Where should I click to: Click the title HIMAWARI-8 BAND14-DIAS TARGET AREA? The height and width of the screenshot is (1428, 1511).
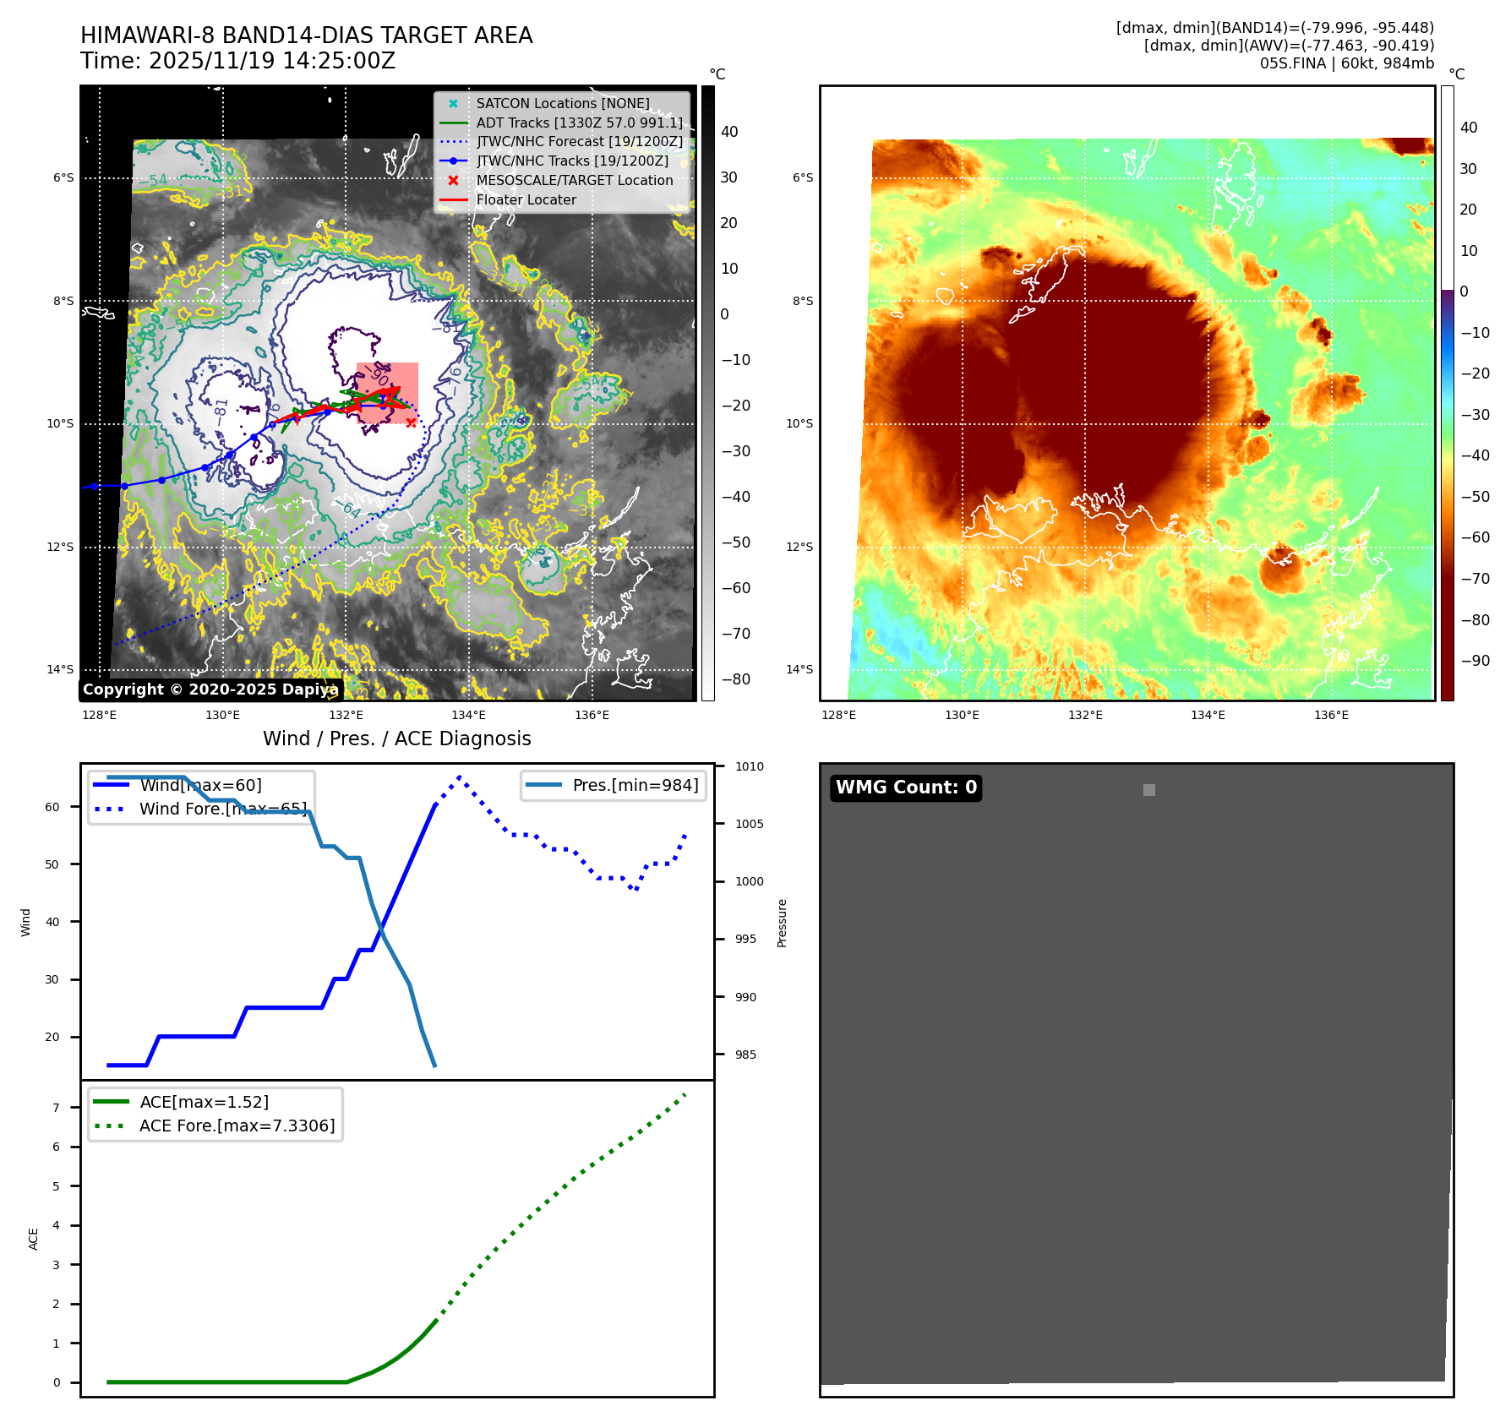pos(306,35)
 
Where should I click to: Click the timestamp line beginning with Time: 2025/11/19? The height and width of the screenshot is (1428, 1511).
pos(237,61)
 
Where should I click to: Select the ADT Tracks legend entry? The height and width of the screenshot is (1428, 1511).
pos(579,123)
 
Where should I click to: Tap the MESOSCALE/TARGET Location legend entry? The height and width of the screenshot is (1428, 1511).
pos(574,180)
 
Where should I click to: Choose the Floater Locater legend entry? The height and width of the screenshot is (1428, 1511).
pos(526,199)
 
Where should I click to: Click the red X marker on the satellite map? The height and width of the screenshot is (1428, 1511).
pos(411,422)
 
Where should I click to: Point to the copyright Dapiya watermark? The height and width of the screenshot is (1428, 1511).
pos(210,689)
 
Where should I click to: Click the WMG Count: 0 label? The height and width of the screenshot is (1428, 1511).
pos(906,788)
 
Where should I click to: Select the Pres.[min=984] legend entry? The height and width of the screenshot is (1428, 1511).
pos(635,785)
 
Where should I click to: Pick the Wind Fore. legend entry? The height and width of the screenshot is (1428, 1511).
pos(222,809)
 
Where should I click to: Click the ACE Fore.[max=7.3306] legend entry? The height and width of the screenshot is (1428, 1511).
pos(237,1126)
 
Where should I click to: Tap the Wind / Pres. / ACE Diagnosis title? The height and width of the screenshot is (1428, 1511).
pos(397,739)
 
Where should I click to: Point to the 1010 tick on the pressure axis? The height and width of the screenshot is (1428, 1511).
pos(749,766)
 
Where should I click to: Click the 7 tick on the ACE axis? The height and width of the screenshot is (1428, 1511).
pos(57,1108)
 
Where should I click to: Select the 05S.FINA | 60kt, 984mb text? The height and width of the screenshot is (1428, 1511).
pos(1346,63)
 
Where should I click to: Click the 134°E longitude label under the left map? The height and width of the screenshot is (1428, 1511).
pos(469,715)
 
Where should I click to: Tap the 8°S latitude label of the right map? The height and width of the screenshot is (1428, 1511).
pos(802,301)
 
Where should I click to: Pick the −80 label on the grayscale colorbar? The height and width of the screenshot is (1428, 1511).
pos(735,679)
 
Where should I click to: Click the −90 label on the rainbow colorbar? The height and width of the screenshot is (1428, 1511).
pos(1475,660)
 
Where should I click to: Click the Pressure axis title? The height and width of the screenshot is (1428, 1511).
pos(782,923)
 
